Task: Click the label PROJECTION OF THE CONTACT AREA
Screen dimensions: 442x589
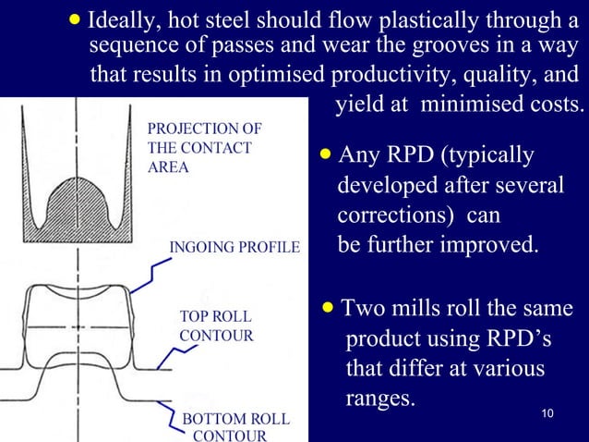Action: pyautogui.click(x=204, y=147)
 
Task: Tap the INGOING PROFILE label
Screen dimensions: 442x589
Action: pyautogui.click(x=234, y=248)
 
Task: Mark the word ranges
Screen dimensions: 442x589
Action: pyautogui.click(x=379, y=399)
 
